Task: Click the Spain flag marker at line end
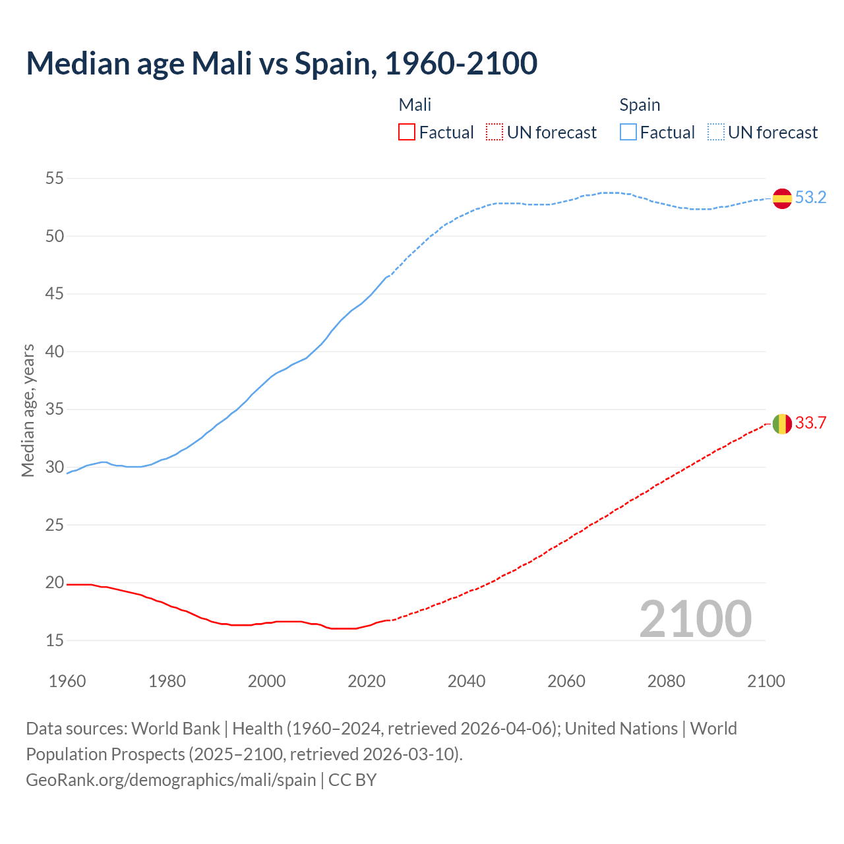tap(782, 198)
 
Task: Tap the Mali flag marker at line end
tap(782, 423)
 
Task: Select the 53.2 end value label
tap(810, 198)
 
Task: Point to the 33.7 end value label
tap(810, 423)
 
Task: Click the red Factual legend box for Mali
tap(407, 133)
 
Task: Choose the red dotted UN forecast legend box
tap(495, 133)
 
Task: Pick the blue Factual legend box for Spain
tap(628, 133)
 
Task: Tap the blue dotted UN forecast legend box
tap(716, 133)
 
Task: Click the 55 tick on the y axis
tap(55, 178)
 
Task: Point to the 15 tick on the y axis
tap(55, 640)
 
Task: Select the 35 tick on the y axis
tap(55, 409)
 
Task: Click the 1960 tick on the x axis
tap(67, 681)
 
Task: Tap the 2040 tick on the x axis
tap(466, 681)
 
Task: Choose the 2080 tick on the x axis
tap(666, 681)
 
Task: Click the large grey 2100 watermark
tap(695, 619)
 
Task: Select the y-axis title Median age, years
tap(28, 410)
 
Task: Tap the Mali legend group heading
tap(415, 105)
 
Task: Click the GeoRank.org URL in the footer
tap(171, 780)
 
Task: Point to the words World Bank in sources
tap(175, 729)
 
